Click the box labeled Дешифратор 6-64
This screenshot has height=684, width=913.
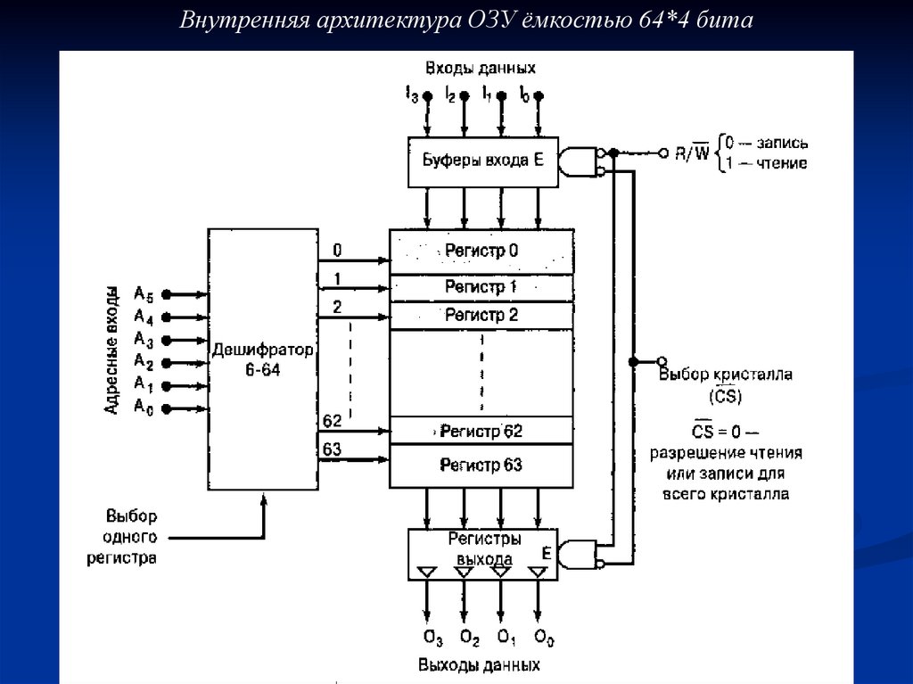[263, 358]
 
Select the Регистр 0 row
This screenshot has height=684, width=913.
[481, 251]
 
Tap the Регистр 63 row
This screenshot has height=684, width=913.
[481, 465]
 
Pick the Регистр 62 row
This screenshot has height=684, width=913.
[481, 431]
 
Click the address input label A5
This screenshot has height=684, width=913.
[144, 293]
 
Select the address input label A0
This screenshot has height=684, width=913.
[144, 408]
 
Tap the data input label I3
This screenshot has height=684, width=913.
[412, 94]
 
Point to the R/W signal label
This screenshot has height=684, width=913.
[692, 153]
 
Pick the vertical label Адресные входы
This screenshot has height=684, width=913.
[111, 350]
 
